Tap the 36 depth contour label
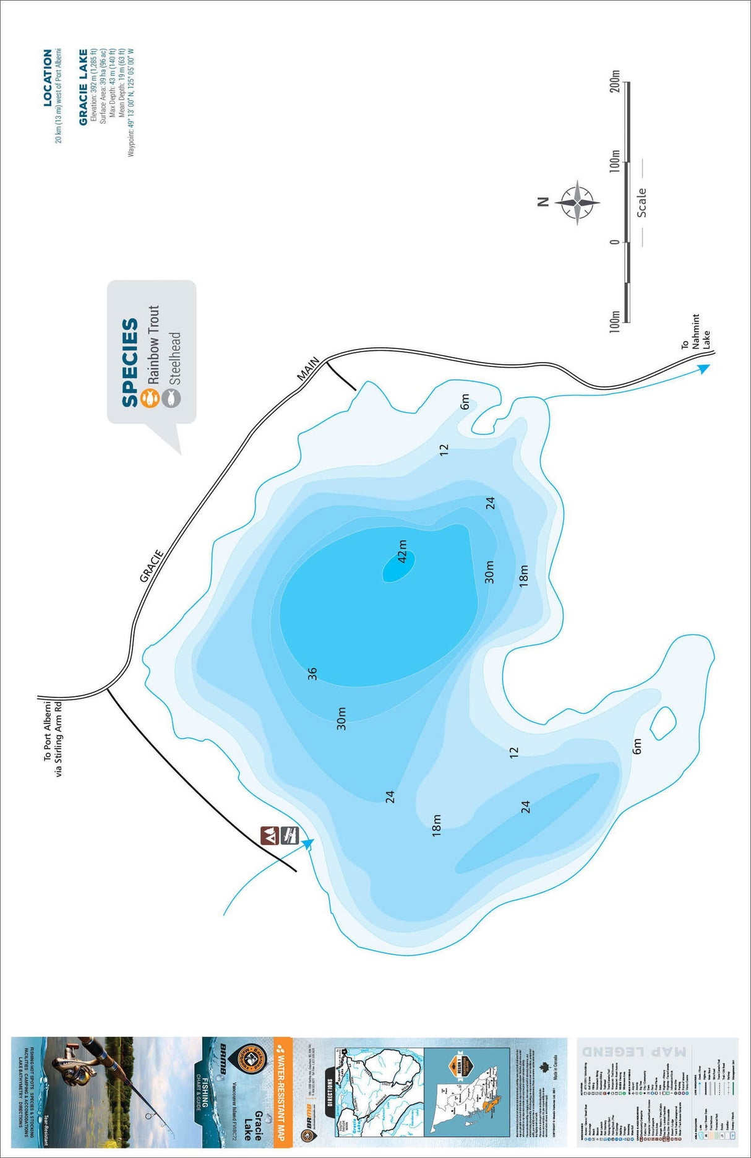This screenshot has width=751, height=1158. tap(312, 673)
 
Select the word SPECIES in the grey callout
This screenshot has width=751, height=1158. tap(130, 363)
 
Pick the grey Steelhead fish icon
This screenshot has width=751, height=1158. tap(171, 397)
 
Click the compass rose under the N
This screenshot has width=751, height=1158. tap(577, 202)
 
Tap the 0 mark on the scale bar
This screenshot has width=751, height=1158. tap(614, 241)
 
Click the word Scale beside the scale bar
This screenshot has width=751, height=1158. tap(642, 202)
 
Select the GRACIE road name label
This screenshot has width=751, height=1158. tap(152, 566)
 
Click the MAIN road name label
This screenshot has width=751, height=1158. tap(308, 368)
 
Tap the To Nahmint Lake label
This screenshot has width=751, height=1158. tap(695, 334)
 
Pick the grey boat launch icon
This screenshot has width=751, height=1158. tap(289, 835)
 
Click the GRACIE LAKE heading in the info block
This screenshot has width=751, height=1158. tap(84, 87)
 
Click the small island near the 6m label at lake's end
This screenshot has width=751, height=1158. tap(663, 722)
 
